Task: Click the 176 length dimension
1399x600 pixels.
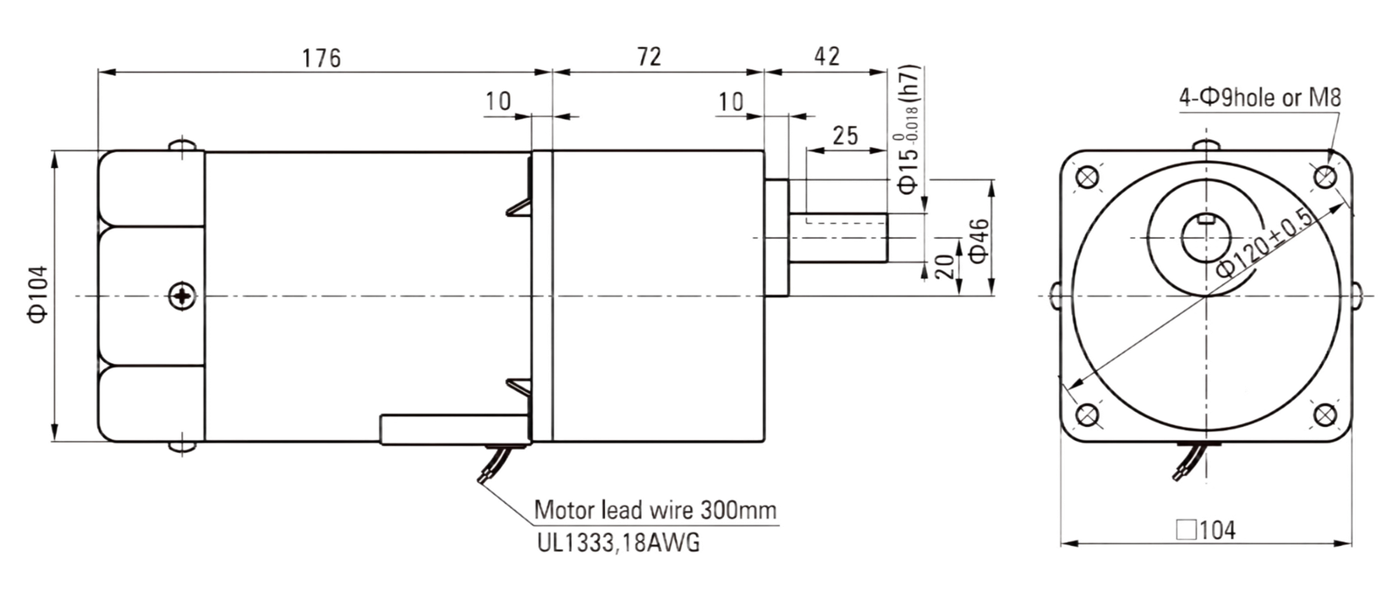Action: pyautogui.click(x=322, y=58)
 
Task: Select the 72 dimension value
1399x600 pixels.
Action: pyautogui.click(x=650, y=57)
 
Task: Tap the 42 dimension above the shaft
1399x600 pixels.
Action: pyautogui.click(x=827, y=57)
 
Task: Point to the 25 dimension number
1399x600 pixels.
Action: pyautogui.click(x=846, y=136)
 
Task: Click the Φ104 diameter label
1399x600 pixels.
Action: pyautogui.click(x=38, y=295)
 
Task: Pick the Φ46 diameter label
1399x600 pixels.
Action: pyautogui.click(x=978, y=241)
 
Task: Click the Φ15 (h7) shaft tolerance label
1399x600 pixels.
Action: pyautogui.click(x=908, y=129)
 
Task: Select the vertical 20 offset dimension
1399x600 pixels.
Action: pyautogui.click(x=945, y=267)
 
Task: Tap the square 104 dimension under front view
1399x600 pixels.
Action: pyautogui.click(x=1206, y=530)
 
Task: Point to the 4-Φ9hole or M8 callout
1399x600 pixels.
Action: pyautogui.click(x=1260, y=97)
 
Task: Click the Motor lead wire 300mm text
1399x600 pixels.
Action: pyautogui.click(x=655, y=510)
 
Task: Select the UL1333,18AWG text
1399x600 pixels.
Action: pyautogui.click(x=618, y=542)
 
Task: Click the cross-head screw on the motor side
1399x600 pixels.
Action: pyautogui.click(x=183, y=296)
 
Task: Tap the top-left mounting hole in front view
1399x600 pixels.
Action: pyautogui.click(x=1088, y=177)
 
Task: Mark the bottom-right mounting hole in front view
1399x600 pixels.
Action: pyautogui.click(x=1325, y=415)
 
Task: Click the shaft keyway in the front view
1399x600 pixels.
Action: pyautogui.click(x=1206, y=219)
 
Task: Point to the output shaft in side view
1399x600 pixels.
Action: pyautogui.click(x=839, y=238)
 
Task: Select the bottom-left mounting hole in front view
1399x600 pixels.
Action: pyautogui.click(x=1088, y=415)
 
